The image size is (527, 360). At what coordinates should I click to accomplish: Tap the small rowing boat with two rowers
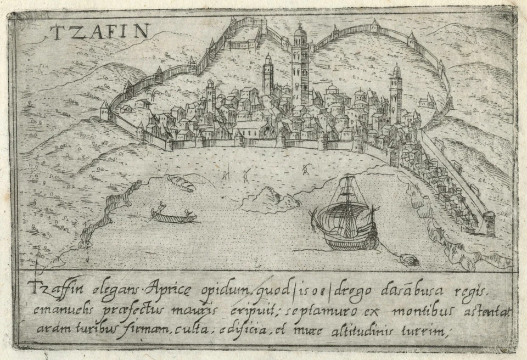coord(173,216)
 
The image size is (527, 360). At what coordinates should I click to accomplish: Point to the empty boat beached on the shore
coord(182,183)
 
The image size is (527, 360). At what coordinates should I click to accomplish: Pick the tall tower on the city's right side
coord(395,96)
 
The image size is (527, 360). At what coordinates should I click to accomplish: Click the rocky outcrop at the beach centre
coord(269,199)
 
